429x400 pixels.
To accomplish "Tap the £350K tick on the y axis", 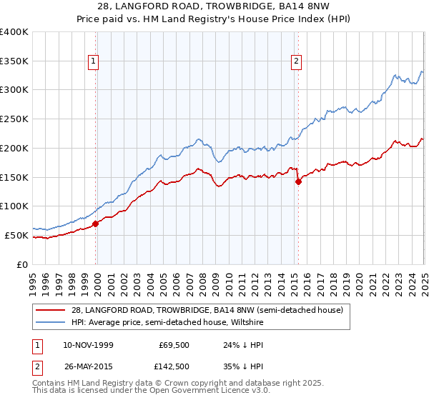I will click(14, 61).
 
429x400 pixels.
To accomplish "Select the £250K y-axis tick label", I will click(14, 119).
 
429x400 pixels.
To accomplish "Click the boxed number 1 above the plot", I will click(94, 62).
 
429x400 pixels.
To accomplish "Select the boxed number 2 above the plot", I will click(296, 62).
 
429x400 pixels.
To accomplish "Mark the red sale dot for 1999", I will click(96, 224).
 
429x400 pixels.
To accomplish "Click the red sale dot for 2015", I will click(298, 181).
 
